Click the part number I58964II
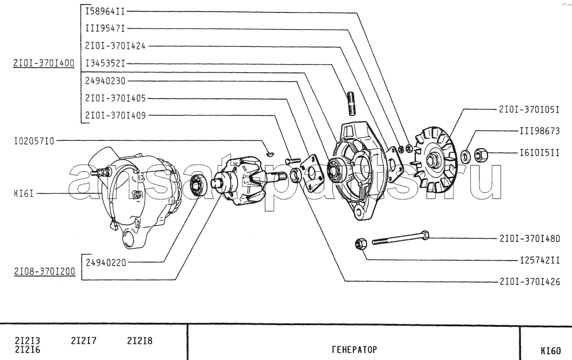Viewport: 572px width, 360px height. (105, 11)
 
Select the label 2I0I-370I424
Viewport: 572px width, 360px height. (116, 46)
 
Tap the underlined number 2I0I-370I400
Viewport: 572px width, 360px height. (44, 63)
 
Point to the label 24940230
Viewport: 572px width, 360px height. (105, 81)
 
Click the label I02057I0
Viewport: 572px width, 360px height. (34, 141)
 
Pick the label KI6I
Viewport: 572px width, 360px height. (23, 193)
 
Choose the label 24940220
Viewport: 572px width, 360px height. (106, 262)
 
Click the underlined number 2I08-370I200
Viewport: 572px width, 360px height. (45, 271)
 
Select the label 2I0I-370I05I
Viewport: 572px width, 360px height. (529, 109)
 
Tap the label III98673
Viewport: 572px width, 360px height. (539, 130)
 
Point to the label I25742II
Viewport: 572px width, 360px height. (539, 260)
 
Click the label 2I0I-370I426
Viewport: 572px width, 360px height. (530, 282)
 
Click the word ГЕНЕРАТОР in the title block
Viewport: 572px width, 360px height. (354, 350)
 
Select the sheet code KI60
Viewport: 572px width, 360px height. (550, 351)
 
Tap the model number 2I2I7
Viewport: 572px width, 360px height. (84, 341)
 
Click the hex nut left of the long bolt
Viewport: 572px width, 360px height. (360, 244)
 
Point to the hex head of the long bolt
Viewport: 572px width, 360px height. (424, 235)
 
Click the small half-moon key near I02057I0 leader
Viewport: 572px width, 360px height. (269, 153)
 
